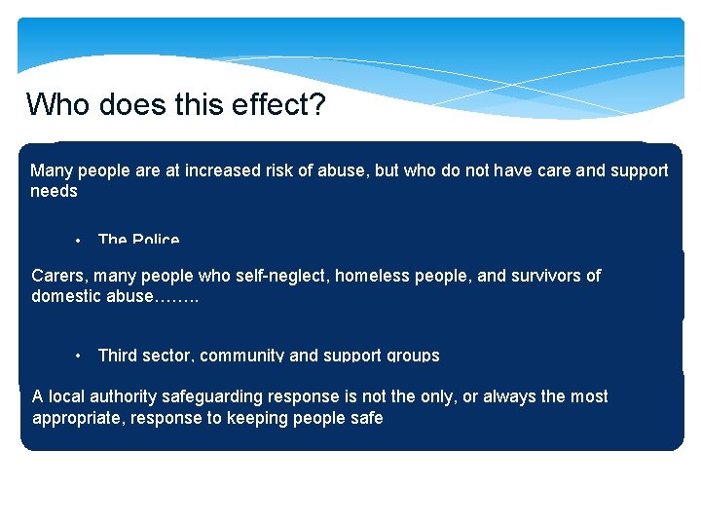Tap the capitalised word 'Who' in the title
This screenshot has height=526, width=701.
pyautogui.click(x=52, y=103)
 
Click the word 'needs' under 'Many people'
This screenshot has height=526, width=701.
pyautogui.click(x=54, y=191)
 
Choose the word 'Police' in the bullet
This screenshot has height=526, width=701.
pyautogui.click(x=156, y=240)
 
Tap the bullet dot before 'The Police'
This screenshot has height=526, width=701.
pyautogui.click(x=77, y=241)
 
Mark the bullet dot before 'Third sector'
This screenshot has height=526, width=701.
pyautogui.click(x=77, y=356)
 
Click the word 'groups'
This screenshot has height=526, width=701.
pyautogui.click(x=413, y=356)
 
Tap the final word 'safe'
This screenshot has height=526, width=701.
pyautogui.click(x=364, y=418)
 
